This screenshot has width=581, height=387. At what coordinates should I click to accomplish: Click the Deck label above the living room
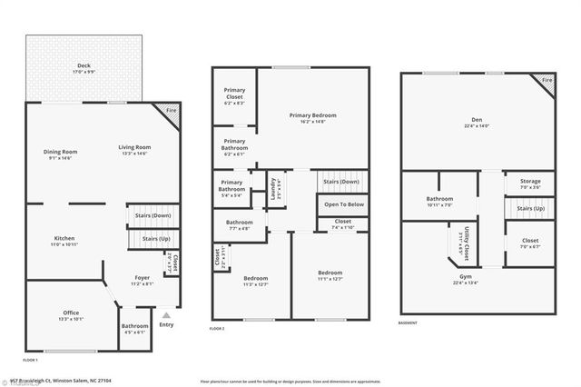(x=84, y=64)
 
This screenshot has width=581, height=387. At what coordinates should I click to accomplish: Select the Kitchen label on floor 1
(x=63, y=241)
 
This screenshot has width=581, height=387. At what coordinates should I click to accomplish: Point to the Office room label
(x=70, y=315)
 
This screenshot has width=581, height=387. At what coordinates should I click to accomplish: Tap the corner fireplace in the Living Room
(x=171, y=112)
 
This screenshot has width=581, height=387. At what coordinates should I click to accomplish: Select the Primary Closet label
(x=234, y=101)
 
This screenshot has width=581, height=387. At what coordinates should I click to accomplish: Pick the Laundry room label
(x=273, y=188)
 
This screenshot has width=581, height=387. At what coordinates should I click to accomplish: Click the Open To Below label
(x=344, y=204)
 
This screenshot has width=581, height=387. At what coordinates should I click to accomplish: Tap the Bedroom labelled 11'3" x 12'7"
(x=255, y=281)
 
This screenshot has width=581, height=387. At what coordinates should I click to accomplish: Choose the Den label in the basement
(x=477, y=122)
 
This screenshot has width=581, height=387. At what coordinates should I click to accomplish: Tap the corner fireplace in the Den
(x=546, y=81)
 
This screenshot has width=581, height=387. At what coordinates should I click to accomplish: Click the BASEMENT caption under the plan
(x=409, y=323)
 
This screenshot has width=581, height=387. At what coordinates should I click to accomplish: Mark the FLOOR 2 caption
(x=217, y=328)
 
